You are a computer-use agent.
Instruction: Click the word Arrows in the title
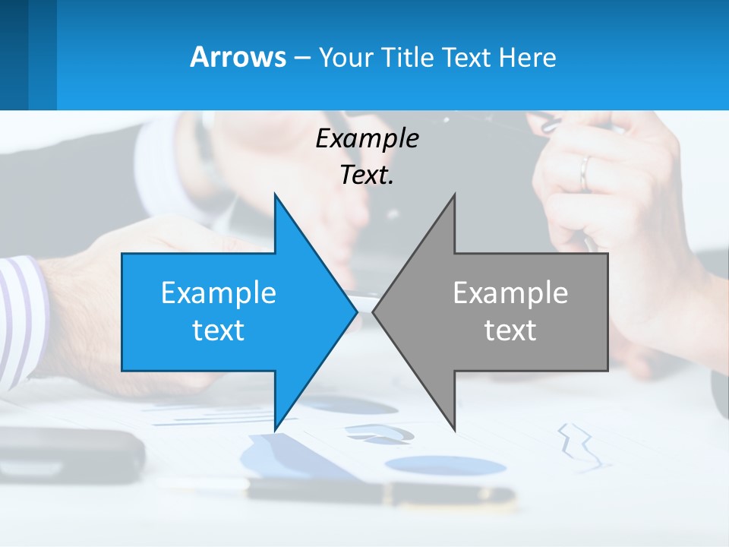pos(238,57)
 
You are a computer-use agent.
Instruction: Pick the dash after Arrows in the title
pos(301,58)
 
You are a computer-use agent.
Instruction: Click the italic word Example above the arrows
pos(367,138)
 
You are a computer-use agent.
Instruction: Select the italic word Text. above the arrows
pos(367,175)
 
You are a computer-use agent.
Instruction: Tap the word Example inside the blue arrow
pos(219,292)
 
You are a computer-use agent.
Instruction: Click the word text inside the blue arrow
pos(219,330)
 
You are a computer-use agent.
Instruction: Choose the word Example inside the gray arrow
pos(510,292)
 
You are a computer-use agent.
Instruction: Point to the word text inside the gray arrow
pos(510,330)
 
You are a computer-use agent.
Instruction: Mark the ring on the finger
pos(584,173)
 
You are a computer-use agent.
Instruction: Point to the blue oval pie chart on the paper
pos(444,464)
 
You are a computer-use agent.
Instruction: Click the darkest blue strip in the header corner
pos(14,55)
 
